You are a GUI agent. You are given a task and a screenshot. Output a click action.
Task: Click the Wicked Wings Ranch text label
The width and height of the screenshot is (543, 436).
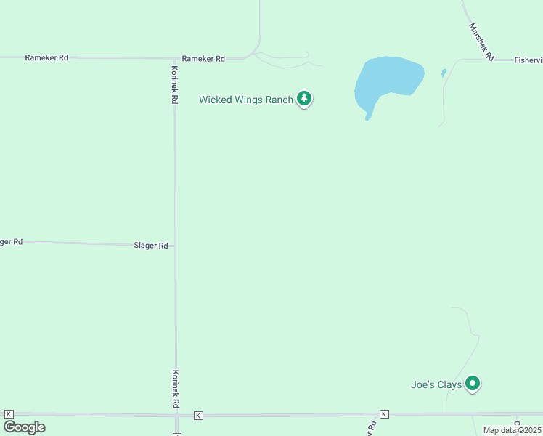(x=245, y=100)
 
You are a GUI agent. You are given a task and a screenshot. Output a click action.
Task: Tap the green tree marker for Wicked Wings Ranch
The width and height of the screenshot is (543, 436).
(x=304, y=99)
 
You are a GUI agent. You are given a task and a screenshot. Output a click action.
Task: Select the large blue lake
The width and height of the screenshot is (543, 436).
(x=387, y=81)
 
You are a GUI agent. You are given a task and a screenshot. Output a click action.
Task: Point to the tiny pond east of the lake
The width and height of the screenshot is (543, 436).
(x=444, y=73)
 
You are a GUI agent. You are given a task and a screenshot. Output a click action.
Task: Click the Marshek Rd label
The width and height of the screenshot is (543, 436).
(x=481, y=41)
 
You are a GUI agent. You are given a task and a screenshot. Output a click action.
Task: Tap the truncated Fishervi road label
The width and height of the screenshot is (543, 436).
(x=528, y=60)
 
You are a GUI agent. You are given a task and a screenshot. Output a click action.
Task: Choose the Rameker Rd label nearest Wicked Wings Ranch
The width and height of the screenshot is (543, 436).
(x=203, y=58)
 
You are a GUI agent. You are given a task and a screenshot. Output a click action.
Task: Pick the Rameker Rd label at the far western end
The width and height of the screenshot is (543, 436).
(x=46, y=57)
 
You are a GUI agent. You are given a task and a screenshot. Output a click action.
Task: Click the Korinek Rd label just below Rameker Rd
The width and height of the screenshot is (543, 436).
(x=174, y=84)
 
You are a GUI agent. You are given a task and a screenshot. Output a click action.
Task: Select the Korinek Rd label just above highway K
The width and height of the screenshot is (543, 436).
(x=175, y=388)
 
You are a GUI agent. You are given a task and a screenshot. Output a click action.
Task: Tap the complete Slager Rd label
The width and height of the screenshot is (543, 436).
(x=151, y=246)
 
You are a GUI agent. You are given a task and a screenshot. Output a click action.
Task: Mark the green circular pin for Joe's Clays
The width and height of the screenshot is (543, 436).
(x=473, y=382)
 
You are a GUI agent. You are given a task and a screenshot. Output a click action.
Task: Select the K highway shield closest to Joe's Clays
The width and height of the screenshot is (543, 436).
(x=384, y=414)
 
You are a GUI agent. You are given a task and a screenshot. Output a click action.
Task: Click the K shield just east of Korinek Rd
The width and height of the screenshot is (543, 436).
(x=198, y=415)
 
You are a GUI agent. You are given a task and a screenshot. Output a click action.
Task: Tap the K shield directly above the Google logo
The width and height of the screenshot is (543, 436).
(x=9, y=413)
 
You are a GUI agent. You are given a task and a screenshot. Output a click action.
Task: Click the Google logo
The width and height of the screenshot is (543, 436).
(x=24, y=427)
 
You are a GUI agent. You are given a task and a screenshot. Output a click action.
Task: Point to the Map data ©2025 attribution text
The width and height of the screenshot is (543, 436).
(x=512, y=430)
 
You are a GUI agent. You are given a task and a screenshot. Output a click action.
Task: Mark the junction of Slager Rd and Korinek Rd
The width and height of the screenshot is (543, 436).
(x=175, y=246)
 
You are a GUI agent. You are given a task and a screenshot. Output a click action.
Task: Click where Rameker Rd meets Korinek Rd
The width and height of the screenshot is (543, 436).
(x=174, y=58)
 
